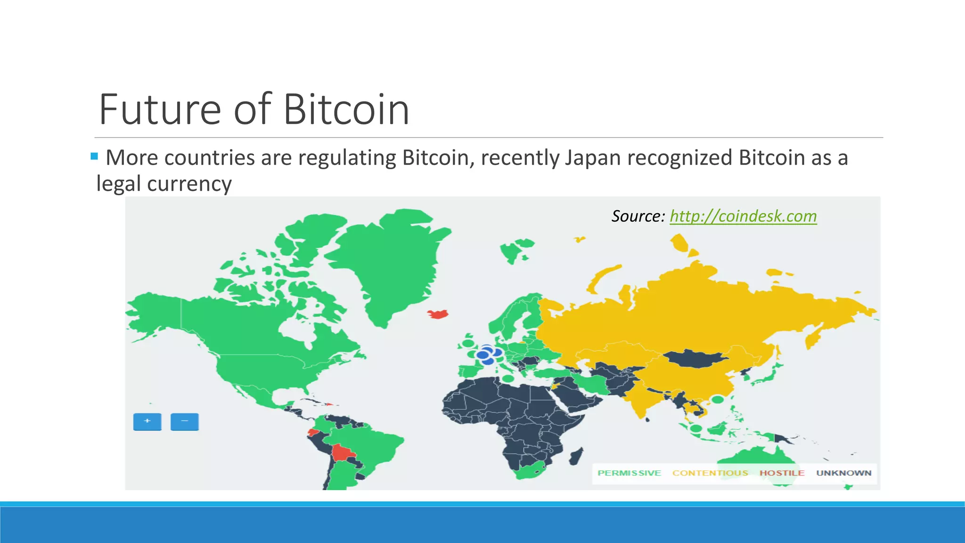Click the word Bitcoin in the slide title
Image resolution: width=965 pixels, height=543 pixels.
[346, 110]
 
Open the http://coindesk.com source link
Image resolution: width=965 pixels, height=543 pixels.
[743, 216]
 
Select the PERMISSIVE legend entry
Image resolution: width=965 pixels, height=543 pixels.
[629, 473]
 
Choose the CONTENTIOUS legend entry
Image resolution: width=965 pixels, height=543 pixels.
[710, 473]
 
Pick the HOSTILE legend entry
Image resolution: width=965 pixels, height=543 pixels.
[782, 473]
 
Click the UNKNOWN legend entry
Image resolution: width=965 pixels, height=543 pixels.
[844, 473]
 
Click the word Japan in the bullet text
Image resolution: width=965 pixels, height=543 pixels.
[593, 158]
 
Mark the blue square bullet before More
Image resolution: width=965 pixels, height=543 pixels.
[94, 156]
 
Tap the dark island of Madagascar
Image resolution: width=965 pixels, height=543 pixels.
[576, 456]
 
